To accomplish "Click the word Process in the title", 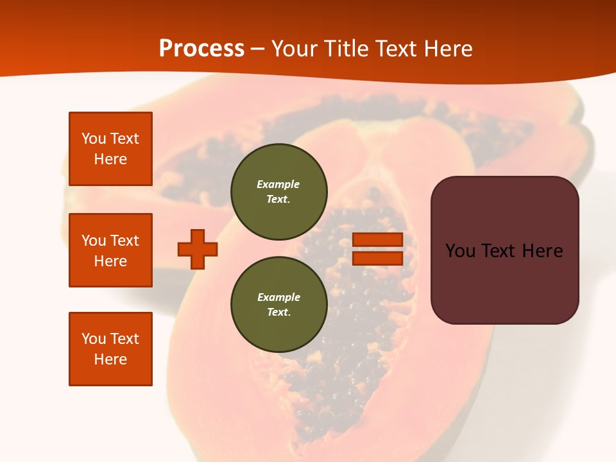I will click(x=201, y=48).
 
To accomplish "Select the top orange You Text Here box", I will click(x=110, y=149).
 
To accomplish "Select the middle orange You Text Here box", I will click(x=110, y=250).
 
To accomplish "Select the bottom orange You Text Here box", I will click(x=110, y=349).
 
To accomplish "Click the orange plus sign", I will click(x=198, y=249).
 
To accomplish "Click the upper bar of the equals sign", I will click(x=378, y=239).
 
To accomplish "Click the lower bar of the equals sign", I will click(x=378, y=258).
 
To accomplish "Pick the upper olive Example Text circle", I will click(x=279, y=191).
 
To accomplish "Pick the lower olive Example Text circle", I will click(x=279, y=304).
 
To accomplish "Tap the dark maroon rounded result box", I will click(x=504, y=282).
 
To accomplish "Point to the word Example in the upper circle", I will click(x=278, y=184).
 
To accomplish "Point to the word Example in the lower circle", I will click(x=278, y=297).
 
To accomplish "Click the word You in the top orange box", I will click(x=94, y=139).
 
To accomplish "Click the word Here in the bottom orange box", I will click(x=110, y=359).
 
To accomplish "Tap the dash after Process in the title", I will click(x=258, y=49).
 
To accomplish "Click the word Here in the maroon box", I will click(x=542, y=250).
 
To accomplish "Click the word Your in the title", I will click(x=295, y=48).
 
